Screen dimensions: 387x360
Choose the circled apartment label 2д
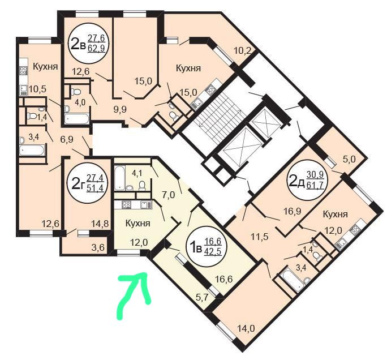pyautogui.click(x=306, y=181)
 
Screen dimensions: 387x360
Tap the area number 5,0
pyautogui.click(x=349, y=159)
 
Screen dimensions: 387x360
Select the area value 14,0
pyautogui.click(x=246, y=328)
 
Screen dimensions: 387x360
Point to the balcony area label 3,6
pyautogui.click(x=98, y=247)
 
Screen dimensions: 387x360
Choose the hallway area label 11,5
pyautogui.click(x=259, y=237)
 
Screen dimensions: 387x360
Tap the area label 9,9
pyautogui.click(x=120, y=109)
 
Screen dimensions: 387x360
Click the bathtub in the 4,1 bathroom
pyautogui.click(x=120, y=178)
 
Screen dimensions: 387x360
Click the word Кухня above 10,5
pyautogui.click(x=45, y=67)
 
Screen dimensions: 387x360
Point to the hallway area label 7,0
pyautogui.click(x=169, y=195)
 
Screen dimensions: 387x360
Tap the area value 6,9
pyautogui.click(x=67, y=139)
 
